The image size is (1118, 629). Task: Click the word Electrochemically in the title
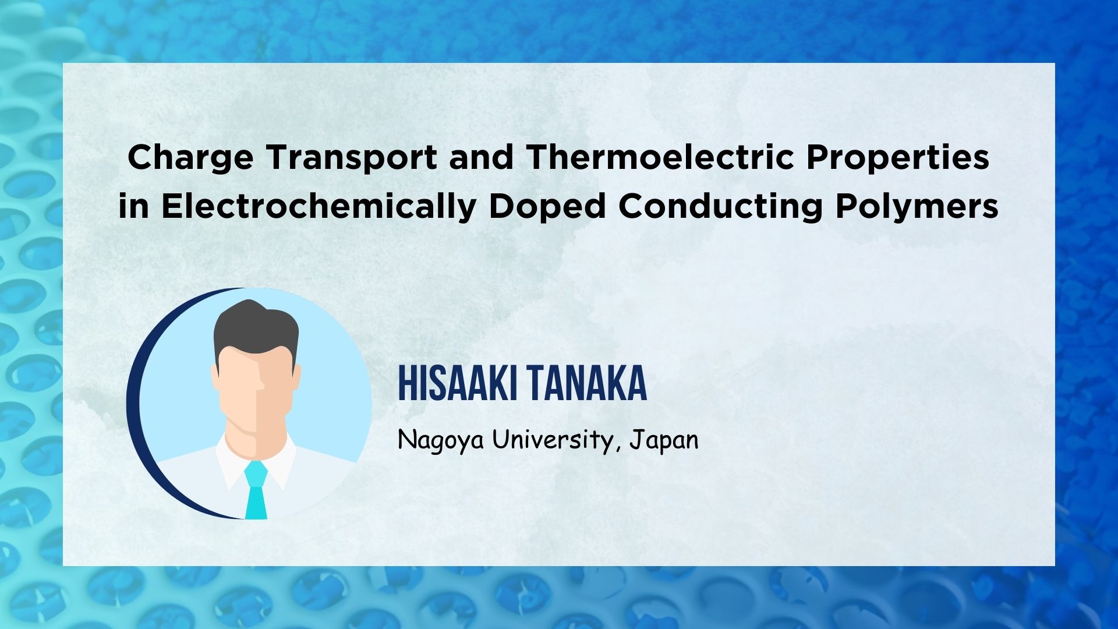(319, 208)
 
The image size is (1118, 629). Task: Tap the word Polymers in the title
(917, 208)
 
